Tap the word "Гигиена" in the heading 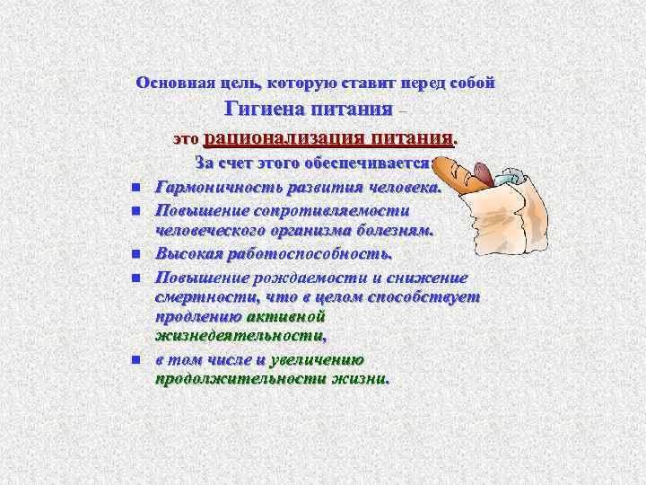click(268, 110)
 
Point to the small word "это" click(184, 140)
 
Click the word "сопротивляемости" click(342, 209)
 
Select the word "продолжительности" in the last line click(240, 378)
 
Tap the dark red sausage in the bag click(483, 172)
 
